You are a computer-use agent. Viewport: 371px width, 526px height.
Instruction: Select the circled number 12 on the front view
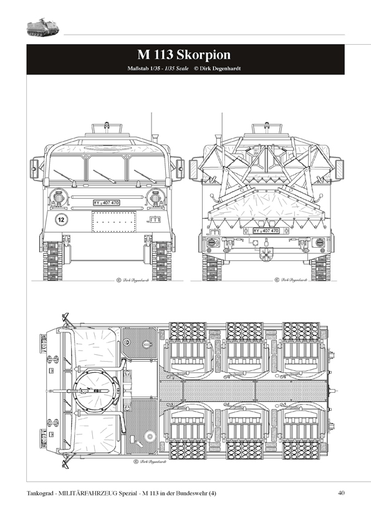pos(61,219)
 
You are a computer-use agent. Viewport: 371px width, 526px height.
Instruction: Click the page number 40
pos(340,494)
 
